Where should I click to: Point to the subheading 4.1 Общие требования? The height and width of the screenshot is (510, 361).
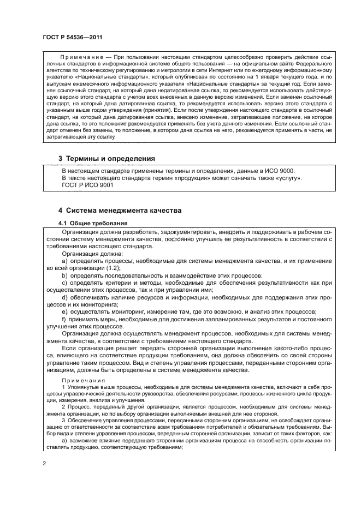pyautogui.click(x=92, y=223)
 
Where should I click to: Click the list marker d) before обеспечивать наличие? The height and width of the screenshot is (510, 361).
pyautogui.click(x=65, y=297)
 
